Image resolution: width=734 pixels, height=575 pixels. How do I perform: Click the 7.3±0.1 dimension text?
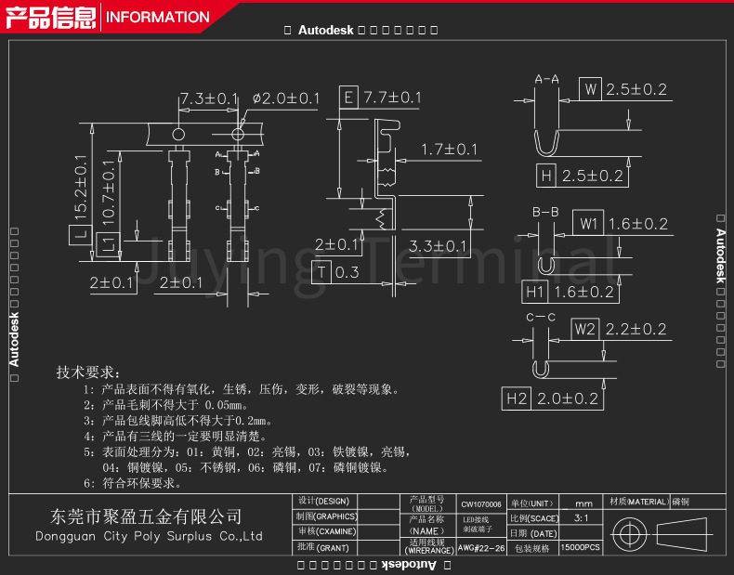209,98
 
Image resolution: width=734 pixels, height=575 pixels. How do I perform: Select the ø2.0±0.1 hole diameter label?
285,98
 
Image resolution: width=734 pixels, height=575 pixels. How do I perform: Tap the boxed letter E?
347,98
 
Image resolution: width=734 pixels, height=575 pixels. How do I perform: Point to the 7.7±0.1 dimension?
392,98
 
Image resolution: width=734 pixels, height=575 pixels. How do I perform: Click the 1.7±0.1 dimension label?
449,150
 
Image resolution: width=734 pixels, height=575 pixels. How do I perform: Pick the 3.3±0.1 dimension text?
438,246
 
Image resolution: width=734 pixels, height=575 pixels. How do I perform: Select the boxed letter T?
321,272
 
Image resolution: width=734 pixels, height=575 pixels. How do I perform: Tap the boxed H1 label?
534,292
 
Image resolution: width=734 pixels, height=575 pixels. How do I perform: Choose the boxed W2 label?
583,329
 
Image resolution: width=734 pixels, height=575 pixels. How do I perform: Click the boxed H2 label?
517,399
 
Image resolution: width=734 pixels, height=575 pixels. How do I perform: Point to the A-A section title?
546,80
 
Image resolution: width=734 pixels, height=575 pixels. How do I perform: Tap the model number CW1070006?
480,503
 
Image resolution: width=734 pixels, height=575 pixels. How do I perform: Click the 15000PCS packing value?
581,549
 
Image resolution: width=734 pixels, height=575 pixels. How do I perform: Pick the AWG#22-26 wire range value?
481,549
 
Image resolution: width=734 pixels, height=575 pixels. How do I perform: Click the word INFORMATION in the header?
158,17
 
